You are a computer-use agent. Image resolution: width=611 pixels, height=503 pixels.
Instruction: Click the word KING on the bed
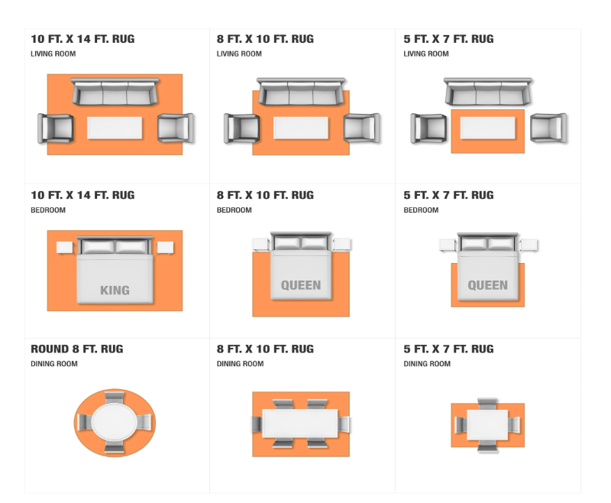115,290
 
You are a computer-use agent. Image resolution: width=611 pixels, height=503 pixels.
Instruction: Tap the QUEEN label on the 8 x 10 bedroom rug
301,285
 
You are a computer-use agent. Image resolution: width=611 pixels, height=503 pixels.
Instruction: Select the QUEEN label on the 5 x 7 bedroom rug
487,285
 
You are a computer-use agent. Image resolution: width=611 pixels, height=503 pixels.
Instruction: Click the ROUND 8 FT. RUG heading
77,349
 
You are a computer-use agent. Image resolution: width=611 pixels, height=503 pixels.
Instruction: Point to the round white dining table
114,422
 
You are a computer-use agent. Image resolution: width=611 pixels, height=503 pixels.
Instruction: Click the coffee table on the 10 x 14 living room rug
115,128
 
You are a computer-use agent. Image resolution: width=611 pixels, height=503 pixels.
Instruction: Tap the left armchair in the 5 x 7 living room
428,128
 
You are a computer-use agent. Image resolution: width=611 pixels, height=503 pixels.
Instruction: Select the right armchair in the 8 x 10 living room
361,128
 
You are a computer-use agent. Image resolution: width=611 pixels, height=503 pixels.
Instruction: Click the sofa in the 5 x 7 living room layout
488,92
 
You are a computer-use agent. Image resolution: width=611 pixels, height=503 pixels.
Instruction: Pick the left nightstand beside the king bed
65,248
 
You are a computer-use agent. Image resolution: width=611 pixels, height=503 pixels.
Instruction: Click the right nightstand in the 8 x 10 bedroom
342,245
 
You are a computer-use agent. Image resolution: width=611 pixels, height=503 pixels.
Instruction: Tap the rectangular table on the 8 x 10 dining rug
300,423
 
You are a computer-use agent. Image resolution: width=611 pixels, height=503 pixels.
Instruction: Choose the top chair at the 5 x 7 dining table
487,404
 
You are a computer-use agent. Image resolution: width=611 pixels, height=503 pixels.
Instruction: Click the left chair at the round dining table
85,422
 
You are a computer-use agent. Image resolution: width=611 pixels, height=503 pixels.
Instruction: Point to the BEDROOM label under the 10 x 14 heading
48,209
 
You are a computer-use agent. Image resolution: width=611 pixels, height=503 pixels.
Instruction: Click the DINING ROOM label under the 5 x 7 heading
427,363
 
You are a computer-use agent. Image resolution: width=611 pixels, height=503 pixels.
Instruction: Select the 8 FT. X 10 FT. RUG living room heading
265,38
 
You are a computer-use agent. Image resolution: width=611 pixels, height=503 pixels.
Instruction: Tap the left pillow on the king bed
99,247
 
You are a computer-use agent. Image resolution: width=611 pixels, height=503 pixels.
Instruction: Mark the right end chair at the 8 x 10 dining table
344,424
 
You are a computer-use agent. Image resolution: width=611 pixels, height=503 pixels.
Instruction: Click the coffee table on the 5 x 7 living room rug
487,128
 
